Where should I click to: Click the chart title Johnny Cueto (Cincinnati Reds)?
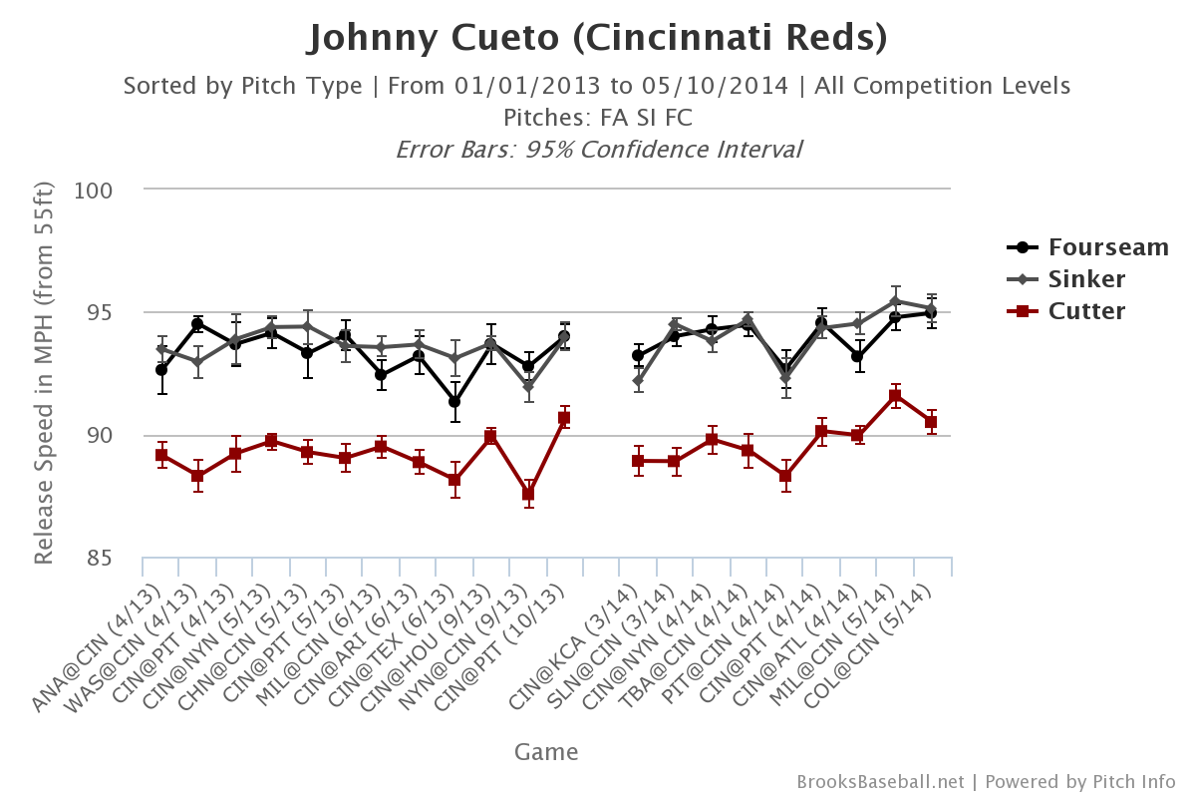[597, 39]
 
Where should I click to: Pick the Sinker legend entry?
[1086, 279]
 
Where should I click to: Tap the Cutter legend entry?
[1086, 311]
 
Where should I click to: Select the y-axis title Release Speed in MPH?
[44, 374]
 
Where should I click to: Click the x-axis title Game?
[546, 751]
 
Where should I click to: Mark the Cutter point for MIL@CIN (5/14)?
[895, 396]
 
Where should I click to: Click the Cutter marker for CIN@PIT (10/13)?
[564, 418]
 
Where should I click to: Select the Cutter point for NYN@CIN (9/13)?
[528, 494]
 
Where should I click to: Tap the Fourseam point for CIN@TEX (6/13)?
[454, 402]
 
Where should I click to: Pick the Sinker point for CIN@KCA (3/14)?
[638, 381]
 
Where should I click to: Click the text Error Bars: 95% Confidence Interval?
[598, 150]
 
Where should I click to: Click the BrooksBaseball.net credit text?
[880, 781]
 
